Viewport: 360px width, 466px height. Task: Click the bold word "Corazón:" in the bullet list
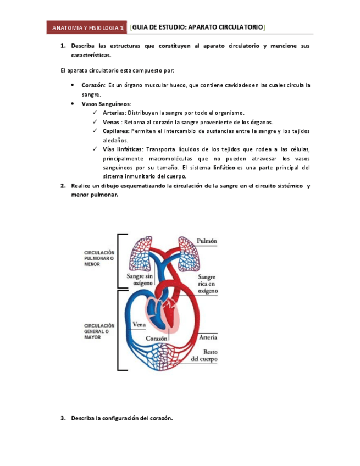point(93,85)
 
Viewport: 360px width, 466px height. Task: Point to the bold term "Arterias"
point(114,113)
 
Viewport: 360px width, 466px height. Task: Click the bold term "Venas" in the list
point(112,122)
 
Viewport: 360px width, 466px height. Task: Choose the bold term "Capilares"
point(115,131)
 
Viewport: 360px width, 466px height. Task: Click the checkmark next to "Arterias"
point(96,113)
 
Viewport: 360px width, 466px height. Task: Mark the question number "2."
point(63,186)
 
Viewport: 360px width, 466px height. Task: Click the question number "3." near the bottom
point(63,418)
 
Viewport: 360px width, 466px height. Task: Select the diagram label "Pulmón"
point(207,241)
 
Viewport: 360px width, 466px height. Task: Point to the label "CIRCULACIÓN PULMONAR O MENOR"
point(99,258)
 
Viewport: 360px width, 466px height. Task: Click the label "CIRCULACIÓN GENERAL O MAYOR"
point(99,331)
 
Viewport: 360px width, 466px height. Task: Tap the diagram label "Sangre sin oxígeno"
point(139,279)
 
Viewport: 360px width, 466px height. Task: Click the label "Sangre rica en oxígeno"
point(207,284)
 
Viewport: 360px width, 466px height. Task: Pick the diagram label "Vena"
point(139,324)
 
